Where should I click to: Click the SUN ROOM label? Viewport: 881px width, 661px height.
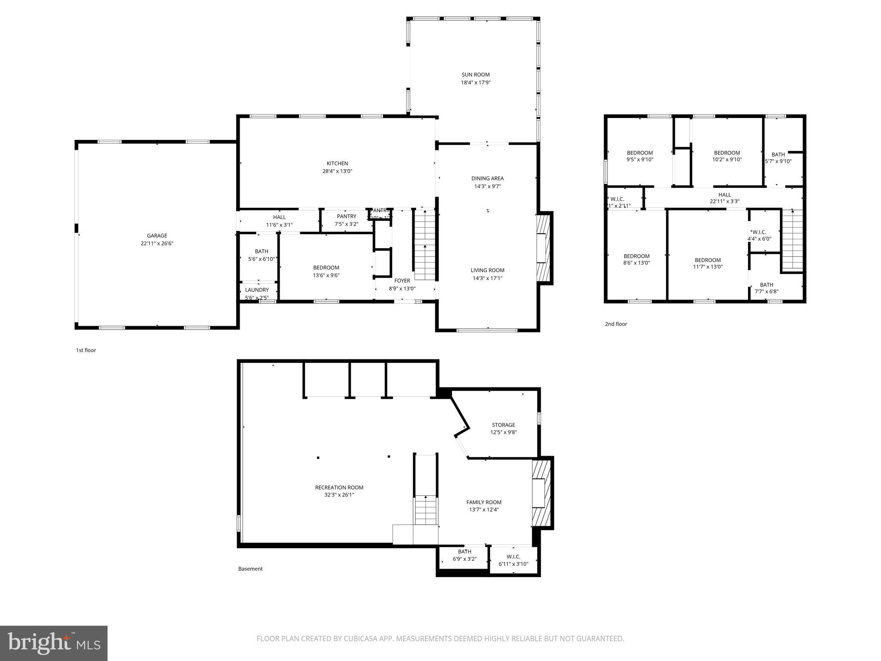pos(475,74)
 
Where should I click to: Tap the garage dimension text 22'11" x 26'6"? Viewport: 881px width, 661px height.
pos(157,244)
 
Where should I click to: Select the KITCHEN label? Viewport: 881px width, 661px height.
pos(337,163)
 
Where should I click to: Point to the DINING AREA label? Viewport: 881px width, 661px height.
pos(487,178)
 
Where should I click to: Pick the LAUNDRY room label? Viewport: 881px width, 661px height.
pos(257,290)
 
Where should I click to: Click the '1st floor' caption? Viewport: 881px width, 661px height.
pos(86,350)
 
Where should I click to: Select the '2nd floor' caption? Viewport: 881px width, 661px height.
pos(616,324)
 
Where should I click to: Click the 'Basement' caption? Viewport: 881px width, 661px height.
pos(250,568)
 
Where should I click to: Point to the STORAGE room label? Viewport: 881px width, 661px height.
pos(503,425)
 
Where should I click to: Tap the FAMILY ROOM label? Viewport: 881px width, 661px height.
pos(484,502)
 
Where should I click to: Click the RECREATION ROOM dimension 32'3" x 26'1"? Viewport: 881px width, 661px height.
pos(339,495)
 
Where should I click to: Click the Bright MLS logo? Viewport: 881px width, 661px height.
pos(54,643)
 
